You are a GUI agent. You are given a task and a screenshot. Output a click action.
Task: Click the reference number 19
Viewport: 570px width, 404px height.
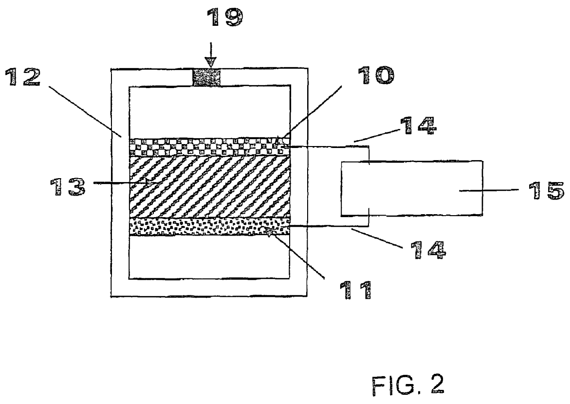tap(224, 17)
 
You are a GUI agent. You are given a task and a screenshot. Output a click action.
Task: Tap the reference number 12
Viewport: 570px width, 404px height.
tap(22, 77)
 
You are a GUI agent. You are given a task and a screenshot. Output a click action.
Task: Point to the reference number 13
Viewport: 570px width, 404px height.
tap(68, 187)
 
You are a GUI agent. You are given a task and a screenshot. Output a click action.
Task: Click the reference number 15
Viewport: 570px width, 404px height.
tap(546, 190)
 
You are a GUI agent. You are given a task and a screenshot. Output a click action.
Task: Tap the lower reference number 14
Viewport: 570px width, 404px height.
tap(428, 250)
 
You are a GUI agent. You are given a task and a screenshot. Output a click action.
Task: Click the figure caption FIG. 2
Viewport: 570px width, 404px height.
tap(408, 386)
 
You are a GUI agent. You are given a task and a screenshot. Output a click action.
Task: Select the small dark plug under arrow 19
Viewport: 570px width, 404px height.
tap(206, 77)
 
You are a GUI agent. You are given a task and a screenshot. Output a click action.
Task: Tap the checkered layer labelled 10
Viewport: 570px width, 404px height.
tap(210, 147)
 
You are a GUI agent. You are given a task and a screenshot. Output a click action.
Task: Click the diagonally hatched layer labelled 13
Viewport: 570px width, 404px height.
tap(210, 187)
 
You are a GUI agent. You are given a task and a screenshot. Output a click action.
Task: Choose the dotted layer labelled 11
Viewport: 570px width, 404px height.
tap(210, 227)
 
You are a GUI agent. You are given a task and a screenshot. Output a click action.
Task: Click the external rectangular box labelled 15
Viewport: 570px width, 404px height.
tap(412, 188)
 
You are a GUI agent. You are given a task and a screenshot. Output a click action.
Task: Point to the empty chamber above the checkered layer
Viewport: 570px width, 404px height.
tap(210, 112)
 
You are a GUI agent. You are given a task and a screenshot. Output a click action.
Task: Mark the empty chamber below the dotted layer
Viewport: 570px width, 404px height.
tap(210, 257)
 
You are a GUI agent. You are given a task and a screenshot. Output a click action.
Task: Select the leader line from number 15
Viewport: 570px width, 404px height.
tap(488, 190)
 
